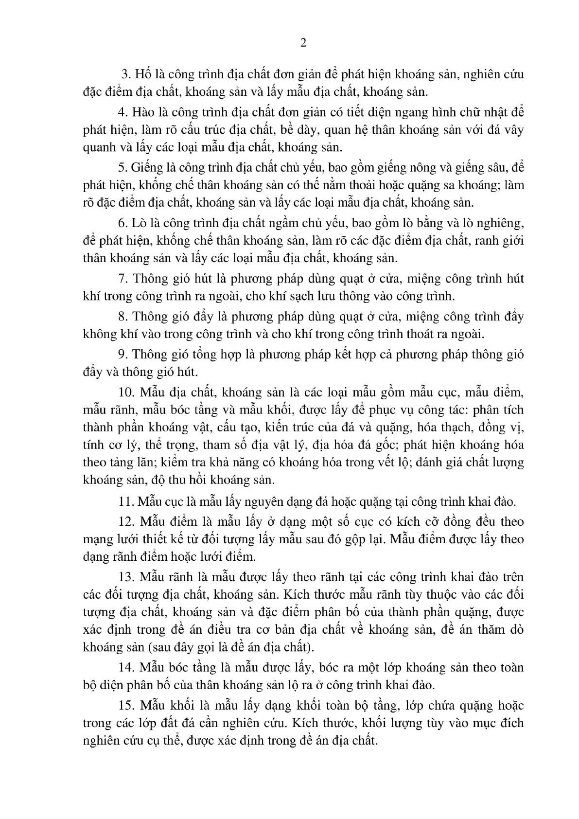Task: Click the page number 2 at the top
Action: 303,43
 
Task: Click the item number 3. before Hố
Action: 126,74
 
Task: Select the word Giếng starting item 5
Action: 147,168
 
